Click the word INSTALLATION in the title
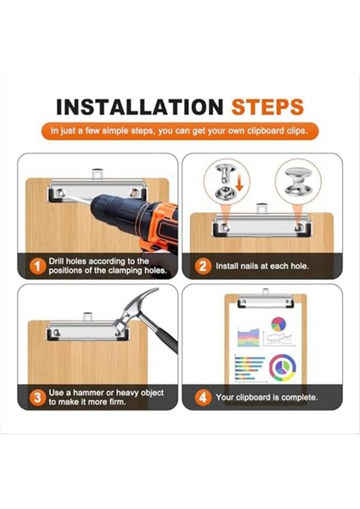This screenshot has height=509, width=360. point(139,108)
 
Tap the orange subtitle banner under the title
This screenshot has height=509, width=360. point(180,131)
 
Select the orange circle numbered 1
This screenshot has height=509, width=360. point(37,266)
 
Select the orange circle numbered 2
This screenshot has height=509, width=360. point(203,266)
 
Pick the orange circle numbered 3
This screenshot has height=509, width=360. point(37,396)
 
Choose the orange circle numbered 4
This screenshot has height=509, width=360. point(203,396)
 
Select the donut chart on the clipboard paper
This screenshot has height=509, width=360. point(282,367)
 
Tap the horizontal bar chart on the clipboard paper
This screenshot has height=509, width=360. point(248,366)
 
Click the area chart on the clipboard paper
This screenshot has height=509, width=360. point(247,337)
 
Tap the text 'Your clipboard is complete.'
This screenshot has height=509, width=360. point(267,396)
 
